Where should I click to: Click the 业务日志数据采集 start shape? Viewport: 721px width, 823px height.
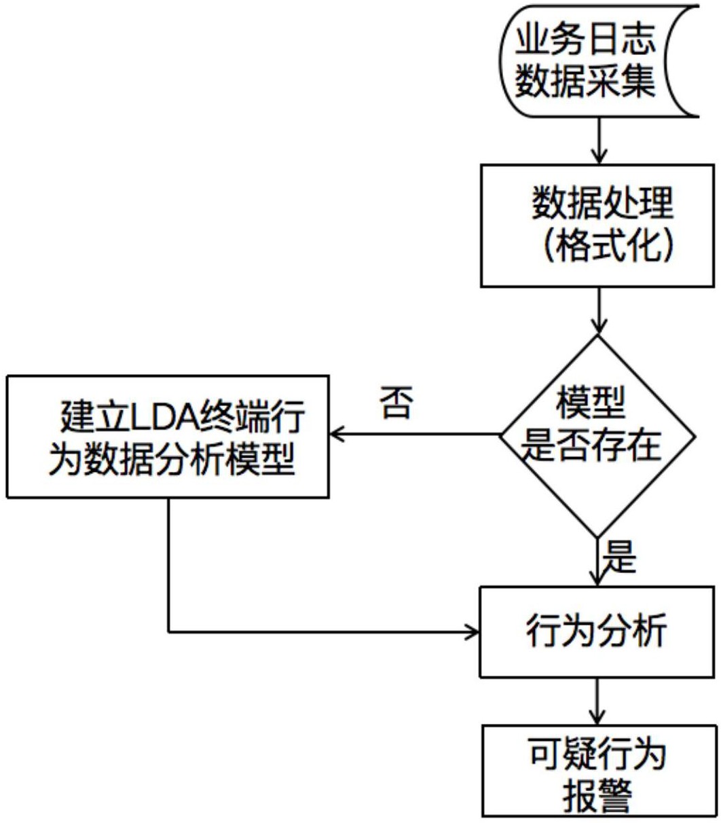(x=597, y=61)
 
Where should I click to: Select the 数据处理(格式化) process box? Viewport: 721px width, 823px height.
(x=597, y=225)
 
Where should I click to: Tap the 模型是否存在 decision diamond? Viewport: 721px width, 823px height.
(x=597, y=435)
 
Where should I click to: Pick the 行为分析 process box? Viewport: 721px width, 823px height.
(x=597, y=632)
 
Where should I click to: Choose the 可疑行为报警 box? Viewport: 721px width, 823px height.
(x=597, y=770)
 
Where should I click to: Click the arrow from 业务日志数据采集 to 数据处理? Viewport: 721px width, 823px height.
(x=597, y=141)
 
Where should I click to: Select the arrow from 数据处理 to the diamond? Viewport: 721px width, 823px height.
(x=597, y=310)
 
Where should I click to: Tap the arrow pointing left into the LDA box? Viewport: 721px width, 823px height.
(x=414, y=435)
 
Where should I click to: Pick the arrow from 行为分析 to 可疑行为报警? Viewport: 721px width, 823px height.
(x=597, y=700)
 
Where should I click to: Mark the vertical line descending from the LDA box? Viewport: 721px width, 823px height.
(x=168, y=564)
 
